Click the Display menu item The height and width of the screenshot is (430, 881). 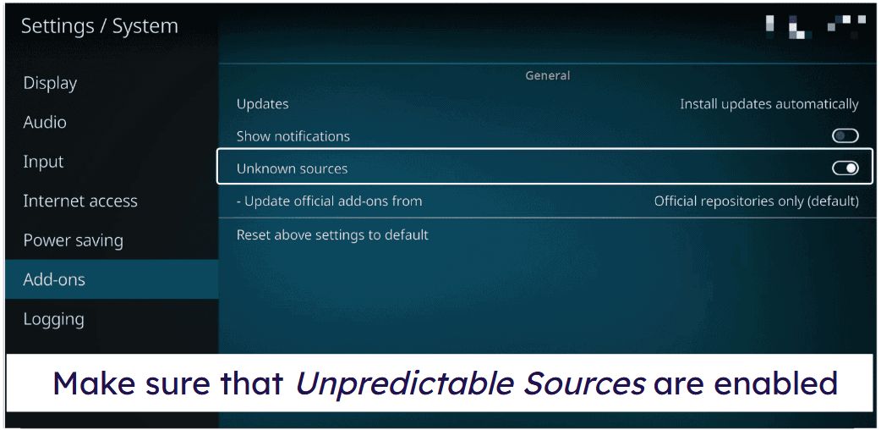point(50,83)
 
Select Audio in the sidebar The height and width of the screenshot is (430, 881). point(45,122)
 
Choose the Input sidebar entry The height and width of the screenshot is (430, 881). point(43,162)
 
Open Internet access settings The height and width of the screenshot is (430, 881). point(80,201)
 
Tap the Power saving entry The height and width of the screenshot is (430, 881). point(73,241)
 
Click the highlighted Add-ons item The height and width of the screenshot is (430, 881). point(54,279)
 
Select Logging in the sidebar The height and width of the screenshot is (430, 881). point(53,320)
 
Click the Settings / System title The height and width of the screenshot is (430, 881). point(100,26)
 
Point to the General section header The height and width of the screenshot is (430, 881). point(547,75)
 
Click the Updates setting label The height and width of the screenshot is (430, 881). point(262,105)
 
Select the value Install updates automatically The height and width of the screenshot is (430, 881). point(769,104)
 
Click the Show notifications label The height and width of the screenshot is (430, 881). point(293,136)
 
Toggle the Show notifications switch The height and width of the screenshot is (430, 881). point(845,135)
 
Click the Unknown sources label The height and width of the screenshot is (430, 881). point(292,168)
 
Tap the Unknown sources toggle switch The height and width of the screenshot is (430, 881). point(845,168)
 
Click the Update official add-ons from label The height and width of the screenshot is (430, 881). point(329,201)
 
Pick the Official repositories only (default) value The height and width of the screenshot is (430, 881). point(756,201)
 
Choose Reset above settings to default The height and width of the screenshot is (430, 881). point(332,234)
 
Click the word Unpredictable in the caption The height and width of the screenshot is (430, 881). point(403,383)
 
